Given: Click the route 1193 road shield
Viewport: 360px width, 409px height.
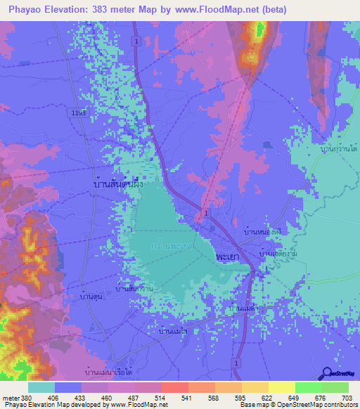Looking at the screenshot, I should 79,112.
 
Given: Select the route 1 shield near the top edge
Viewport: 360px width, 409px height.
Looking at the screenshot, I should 134,42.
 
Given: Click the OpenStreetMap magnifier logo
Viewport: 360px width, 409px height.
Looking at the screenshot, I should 327,375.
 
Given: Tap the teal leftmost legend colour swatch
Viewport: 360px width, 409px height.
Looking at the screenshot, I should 41,387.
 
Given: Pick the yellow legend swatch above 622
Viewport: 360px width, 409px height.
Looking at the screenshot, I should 281,387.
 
